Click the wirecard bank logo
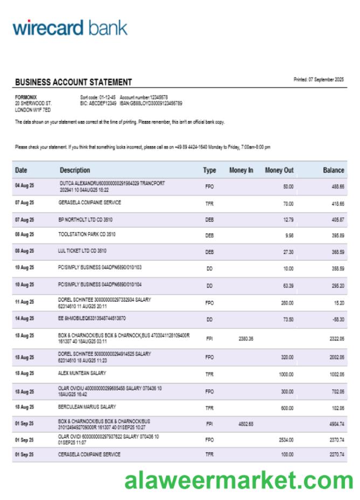click(x=70, y=28)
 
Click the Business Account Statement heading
click(x=73, y=83)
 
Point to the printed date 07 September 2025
click(x=319, y=80)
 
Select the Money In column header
click(x=241, y=170)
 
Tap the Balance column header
click(x=333, y=170)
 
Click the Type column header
click(x=209, y=170)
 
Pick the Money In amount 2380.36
click(x=246, y=339)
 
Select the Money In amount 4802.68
click(x=246, y=424)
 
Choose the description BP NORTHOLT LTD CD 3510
click(x=85, y=220)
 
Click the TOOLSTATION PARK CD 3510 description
click(x=87, y=235)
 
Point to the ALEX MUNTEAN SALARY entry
click(x=82, y=373)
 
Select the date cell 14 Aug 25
click(x=24, y=319)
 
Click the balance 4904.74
click(x=337, y=424)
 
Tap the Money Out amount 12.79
click(x=288, y=220)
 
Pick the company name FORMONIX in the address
click(x=26, y=97)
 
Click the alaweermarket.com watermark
click(x=239, y=480)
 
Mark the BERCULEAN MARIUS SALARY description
click(x=87, y=407)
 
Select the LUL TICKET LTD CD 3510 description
click(x=82, y=251)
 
